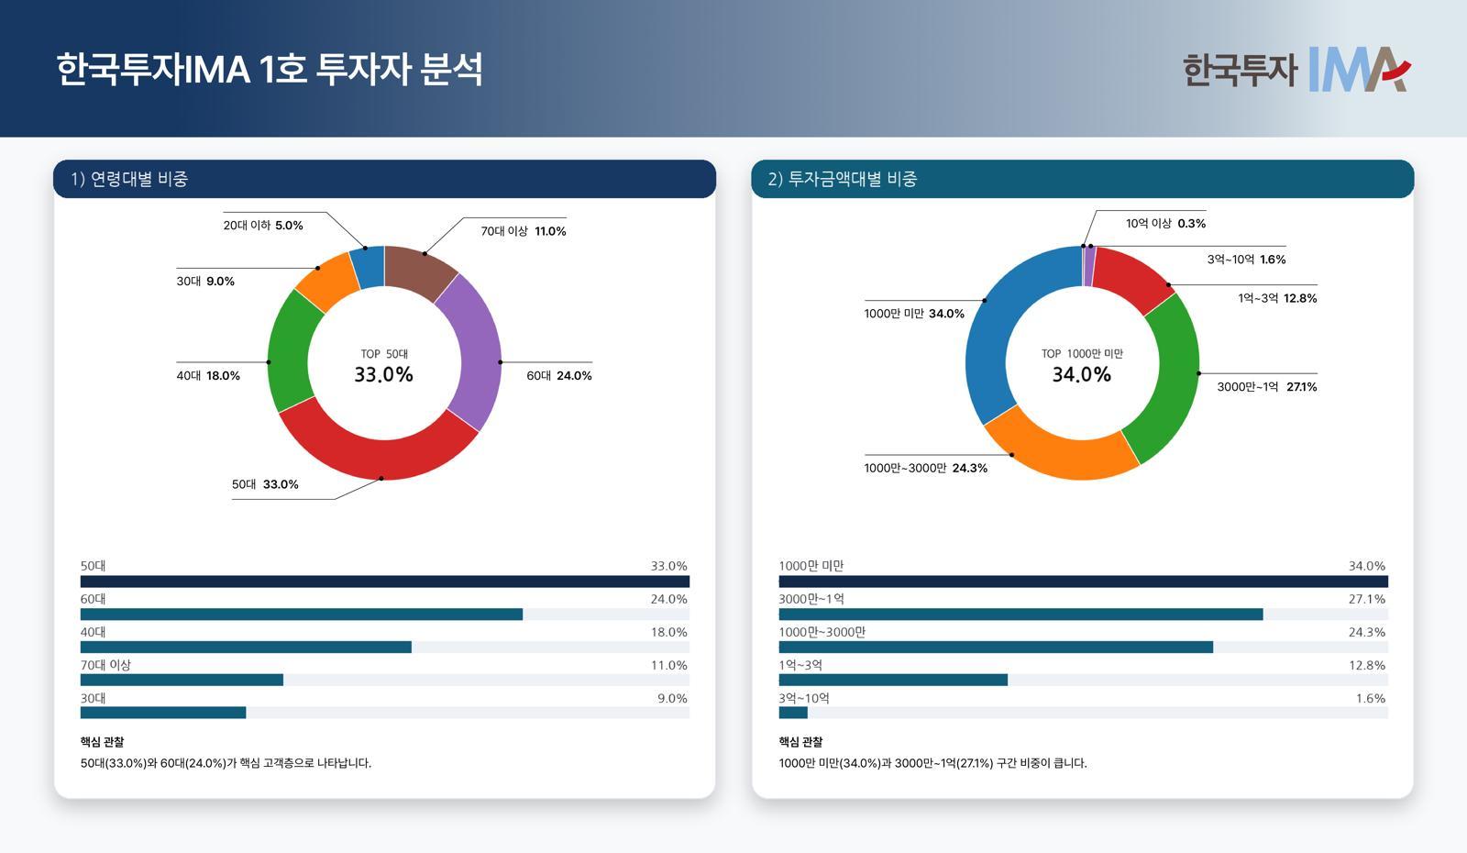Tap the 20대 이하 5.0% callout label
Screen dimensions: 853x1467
(x=262, y=225)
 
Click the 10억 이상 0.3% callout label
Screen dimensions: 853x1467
(x=1165, y=223)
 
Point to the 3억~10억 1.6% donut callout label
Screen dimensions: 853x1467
(x=1246, y=260)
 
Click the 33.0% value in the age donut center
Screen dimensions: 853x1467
(x=383, y=374)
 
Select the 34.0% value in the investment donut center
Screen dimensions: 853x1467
(x=1081, y=374)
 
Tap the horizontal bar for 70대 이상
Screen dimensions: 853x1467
(x=182, y=680)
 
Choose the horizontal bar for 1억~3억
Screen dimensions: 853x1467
(x=892, y=680)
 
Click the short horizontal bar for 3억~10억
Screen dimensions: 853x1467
(x=793, y=713)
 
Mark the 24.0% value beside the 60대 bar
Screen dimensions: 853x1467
(x=668, y=599)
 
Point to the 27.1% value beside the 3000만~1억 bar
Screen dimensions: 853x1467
(x=1366, y=599)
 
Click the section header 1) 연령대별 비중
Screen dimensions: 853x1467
(x=129, y=179)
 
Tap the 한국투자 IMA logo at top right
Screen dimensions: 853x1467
(x=1296, y=70)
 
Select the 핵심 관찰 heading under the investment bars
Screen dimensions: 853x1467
(x=800, y=741)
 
